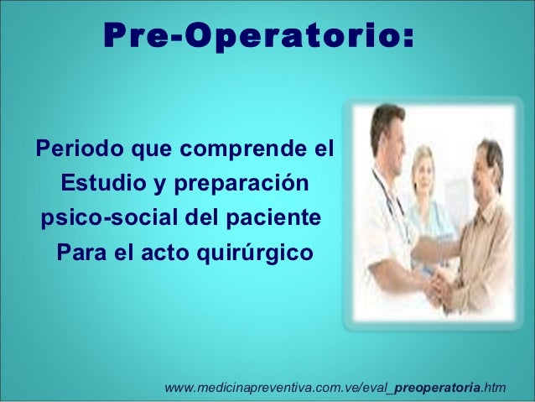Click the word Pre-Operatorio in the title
click(252, 38)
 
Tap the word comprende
click(237, 154)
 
